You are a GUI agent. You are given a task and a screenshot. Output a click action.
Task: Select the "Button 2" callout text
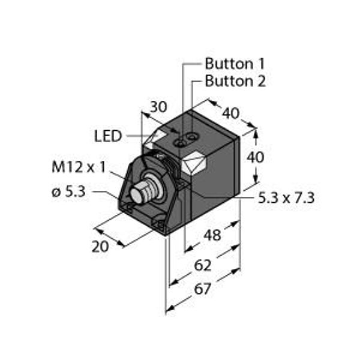pos(235,81)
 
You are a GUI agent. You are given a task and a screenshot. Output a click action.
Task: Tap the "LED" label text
pos(108,136)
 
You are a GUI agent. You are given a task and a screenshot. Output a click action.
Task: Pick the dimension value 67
pos(202,290)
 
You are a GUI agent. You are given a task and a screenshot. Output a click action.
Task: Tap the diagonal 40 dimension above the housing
pos(230,112)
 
